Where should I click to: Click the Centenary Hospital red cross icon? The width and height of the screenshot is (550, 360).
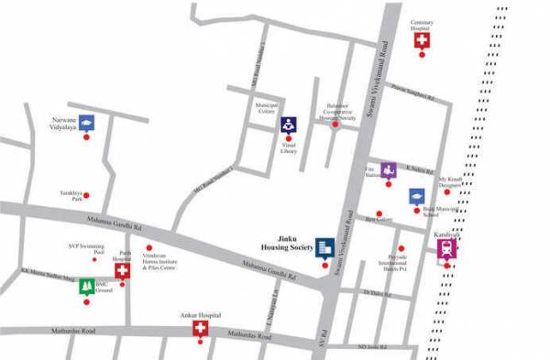coord(423,39)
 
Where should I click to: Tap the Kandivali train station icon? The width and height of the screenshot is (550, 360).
coord(447,250)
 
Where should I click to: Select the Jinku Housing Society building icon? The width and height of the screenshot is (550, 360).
coord(324,247)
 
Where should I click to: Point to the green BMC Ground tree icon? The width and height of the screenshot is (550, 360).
coord(86,287)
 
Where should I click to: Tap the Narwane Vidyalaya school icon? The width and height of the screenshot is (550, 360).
coord(86,123)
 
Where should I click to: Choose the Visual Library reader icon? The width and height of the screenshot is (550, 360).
coord(288,125)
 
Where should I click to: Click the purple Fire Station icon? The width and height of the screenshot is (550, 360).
coord(389,170)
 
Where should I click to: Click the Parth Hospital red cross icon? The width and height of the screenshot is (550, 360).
coord(122,270)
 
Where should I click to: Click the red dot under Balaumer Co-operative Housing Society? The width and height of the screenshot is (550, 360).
coord(335,126)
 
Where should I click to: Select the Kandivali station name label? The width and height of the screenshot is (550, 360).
coord(447,234)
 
